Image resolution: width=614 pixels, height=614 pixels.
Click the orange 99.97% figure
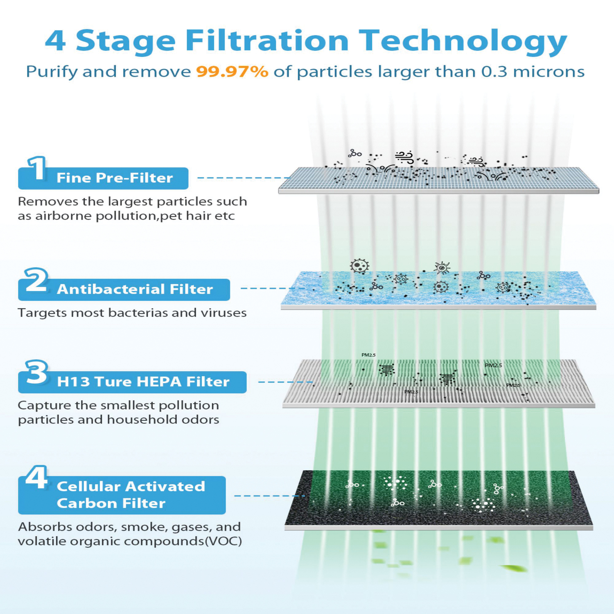click(232, 72)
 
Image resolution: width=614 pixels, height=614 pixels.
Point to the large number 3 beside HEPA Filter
click(36, 372)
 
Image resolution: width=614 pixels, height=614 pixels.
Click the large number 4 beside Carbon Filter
click(36, 477)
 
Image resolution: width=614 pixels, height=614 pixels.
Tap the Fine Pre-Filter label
click(115, 178)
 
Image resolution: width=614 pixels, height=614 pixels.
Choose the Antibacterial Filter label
click(135, 289)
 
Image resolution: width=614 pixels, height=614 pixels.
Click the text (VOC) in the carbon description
click(223, 541)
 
